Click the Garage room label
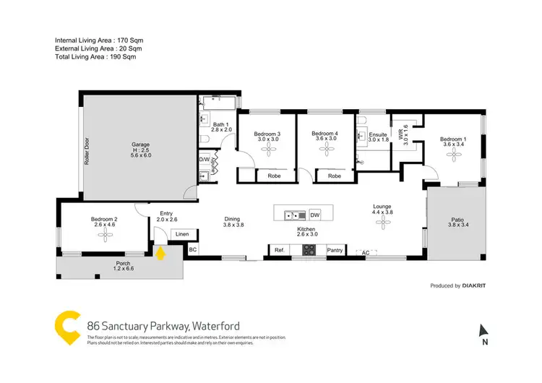point(141,144)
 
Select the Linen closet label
point(182,234)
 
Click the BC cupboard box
point(193,249)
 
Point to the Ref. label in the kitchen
point(280,250)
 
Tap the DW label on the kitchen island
point(315,215)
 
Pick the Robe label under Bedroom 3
point(274,176)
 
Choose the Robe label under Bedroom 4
point(334,176)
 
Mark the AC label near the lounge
point(366,253)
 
